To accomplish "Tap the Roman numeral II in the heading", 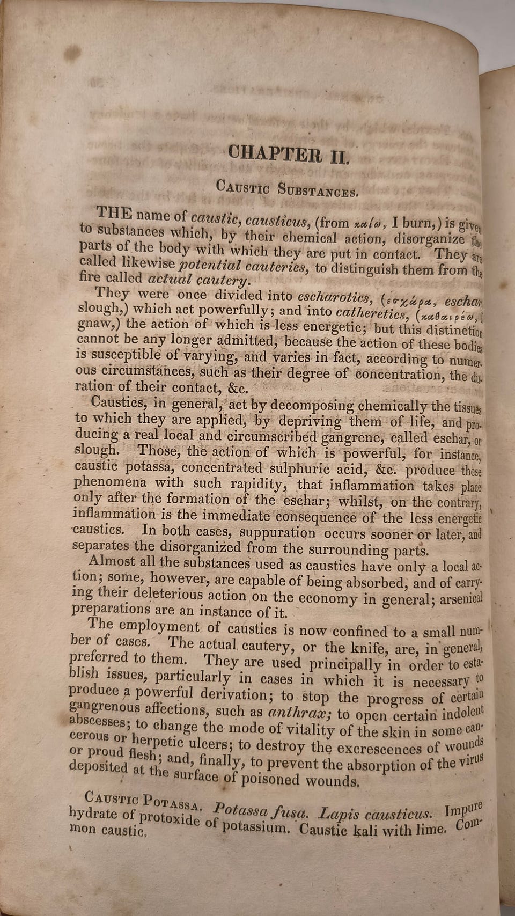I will pyautogui.click(x=339, y=157).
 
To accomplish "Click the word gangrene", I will pyautogui.click(x=351, y=437).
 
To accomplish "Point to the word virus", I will pyautogui.click(x=472, y=761).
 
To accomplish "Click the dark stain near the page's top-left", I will pyautogui.click(x=72, y=53).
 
